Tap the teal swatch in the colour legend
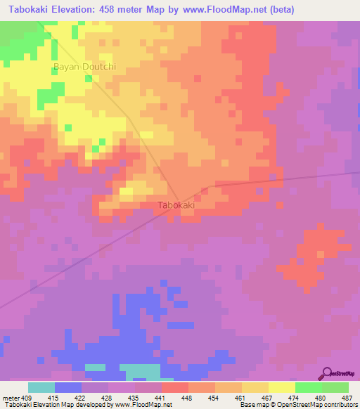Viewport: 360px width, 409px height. [41, 387]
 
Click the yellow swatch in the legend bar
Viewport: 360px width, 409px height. [281, 387]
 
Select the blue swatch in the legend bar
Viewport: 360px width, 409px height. [68, 387]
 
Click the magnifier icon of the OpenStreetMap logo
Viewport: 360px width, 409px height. [326, 373]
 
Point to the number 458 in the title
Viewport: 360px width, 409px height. [116, 10]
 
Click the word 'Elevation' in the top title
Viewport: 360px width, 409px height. [77, 10]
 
